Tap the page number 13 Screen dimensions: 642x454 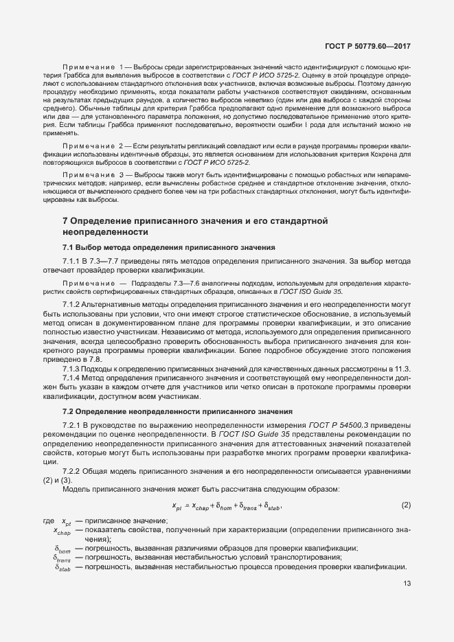point(408,584)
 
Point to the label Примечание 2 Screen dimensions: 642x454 point(91,148)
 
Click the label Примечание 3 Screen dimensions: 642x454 point(91,176)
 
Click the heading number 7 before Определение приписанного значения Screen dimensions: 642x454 point(65,221)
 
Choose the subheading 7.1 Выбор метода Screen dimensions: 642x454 point(168,247)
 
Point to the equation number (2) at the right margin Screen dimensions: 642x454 point(406,506)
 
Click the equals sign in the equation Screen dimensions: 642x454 point(188,506)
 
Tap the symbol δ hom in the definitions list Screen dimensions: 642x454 point(63,549)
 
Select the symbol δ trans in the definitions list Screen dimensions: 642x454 point(63,558)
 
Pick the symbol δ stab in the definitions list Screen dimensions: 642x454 point(63,568)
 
